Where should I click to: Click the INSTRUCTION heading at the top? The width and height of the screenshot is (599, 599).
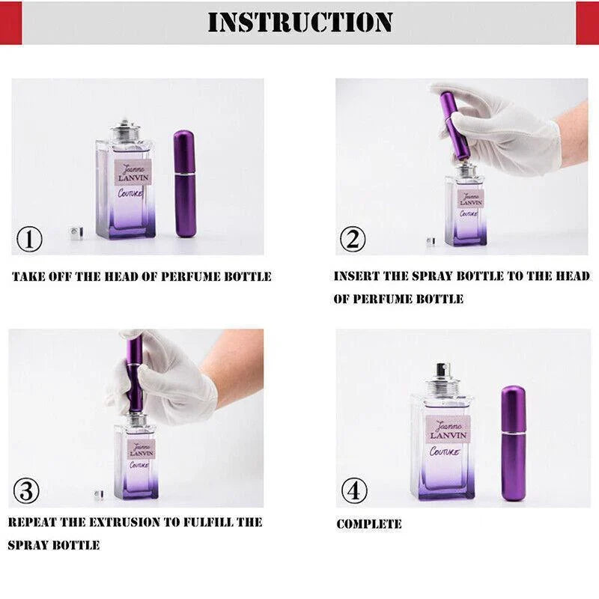(x=300, y=22)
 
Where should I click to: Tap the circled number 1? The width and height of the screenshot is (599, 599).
(x=29, y=239)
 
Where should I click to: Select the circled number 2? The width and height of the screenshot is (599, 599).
(x=353, y=239)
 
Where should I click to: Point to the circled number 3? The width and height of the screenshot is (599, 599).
(x=26, y=490)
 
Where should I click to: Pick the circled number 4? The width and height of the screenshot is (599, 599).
(x=354, y=490)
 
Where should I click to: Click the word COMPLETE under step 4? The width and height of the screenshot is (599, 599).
(x=369, y=523)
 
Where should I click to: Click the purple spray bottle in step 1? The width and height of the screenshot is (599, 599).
(x=185, y=183)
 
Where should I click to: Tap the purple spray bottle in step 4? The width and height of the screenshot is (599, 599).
(x=514, y=443)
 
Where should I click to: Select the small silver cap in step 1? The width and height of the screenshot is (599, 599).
(x=77, y=234)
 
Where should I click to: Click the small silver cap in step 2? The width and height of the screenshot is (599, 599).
(x=431, y=241)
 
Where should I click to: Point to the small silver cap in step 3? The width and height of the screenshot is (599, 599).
(x=99, y=494)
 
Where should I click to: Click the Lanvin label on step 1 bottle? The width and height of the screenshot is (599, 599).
(x=133, y=173)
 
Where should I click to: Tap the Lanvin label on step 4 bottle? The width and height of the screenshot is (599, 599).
(x=448, y=429)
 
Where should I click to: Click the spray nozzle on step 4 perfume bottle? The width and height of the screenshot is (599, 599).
(x=443, y=371)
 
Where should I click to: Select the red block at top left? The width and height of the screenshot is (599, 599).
(x=10, y=22)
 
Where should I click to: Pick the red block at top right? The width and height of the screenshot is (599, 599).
(x=587, y=22)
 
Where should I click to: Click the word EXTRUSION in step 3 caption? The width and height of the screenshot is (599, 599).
(x=124, y=522)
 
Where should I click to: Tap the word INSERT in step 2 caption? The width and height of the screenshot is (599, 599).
(x=356, y=276)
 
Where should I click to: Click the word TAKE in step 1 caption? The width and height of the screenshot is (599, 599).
(x=28, y=276)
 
